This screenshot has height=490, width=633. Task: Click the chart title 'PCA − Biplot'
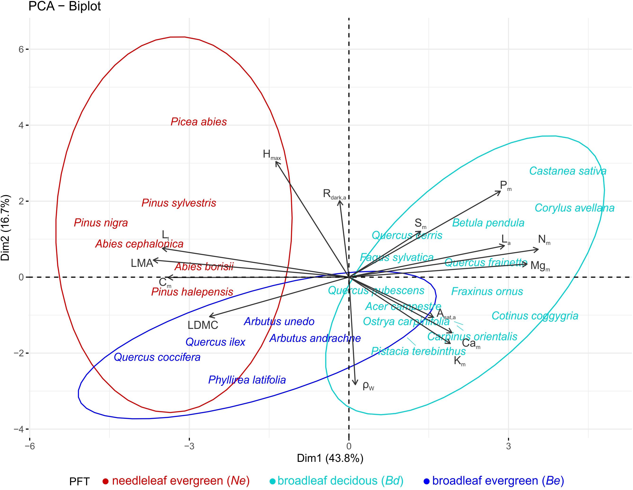pyautogui.click(x=64, y=6)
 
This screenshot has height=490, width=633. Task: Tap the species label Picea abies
pyautogui.click(x=199, y=122)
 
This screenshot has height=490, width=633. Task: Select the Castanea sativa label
pyautogui.click(x=567, y=171)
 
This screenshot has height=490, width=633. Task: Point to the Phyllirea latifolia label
pyautogui.click(x=247, y=380)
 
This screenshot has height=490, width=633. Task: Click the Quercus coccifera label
pyautogui.click(x=157, y=357)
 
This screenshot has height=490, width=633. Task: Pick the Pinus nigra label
pyautogui.click(x=101, y=223)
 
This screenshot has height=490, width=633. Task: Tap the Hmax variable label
pyautogui.click(x=272, y=155)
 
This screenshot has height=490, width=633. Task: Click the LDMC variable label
pyautogui.click(x=203, y=325)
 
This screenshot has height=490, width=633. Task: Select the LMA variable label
pyautogui.click(x=142, y=263)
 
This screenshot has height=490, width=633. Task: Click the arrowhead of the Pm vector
pyautogui.click(x=500, y=191)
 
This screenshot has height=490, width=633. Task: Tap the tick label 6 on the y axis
pyautogui.click(x=21, y=49)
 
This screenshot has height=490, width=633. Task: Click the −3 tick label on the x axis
pyautogui.click(x=189, y=446)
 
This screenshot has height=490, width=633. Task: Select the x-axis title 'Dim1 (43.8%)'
pyautogui.click(x=330, y=458)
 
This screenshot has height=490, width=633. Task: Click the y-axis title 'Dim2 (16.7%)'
pyautogui.click(x=6, y=228)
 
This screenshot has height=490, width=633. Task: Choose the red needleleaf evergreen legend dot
pyautogui.click(x=106, y=481)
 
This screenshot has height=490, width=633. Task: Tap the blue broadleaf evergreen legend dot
pyautogui.click(x=426, y=481)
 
